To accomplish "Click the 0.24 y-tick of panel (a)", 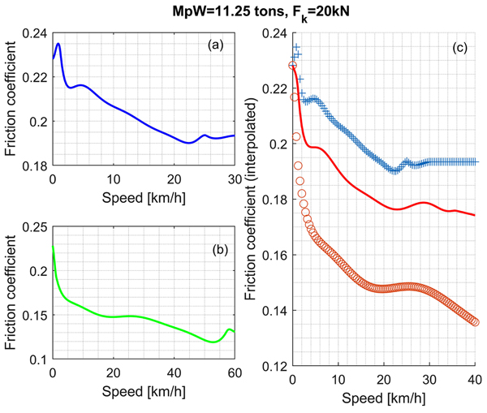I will pos(37,34).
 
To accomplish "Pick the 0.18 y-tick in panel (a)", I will pos(37,166).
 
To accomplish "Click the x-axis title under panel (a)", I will pos(143,196).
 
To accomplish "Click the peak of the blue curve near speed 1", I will pos(58,44).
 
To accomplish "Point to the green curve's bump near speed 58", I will pos(229,329).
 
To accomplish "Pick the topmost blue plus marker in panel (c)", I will pos(296,47).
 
